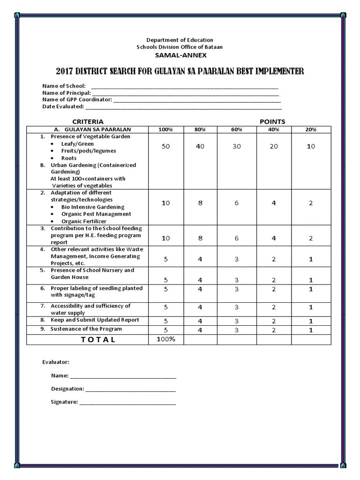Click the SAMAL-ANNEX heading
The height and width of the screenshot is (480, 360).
[x=180, y=55]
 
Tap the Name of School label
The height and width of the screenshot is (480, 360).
[x=64, y=86]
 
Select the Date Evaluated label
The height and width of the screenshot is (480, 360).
[x=63, y=106]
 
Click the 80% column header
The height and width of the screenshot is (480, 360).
[x=200, y=129]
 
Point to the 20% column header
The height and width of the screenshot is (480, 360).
[x=311, y=129]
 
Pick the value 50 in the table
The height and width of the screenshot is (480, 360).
[x=166, y=146]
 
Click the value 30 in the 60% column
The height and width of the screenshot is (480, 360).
[x=237, y=146]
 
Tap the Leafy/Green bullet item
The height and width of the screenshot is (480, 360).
[x=77, y=144]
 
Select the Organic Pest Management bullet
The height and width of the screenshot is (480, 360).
[x=96, y=214]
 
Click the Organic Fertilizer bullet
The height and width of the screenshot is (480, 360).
[x=83, y=221]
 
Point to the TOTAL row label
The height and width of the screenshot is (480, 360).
[x=98, y=340]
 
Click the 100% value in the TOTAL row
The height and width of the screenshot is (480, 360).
[x=166, y=339]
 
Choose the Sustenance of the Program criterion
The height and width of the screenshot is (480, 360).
[x=86, y=329]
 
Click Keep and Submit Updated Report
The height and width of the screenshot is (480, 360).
[x=95, y=320]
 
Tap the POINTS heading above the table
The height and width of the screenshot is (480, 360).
[x=272, y=121]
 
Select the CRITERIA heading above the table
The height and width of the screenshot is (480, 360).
[x=88, y=121]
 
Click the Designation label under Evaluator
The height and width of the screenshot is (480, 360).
[x=67, y=389]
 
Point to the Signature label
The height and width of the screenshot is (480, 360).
[x=64, y=402]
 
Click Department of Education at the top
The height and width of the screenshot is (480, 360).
[x=180, y=40]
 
